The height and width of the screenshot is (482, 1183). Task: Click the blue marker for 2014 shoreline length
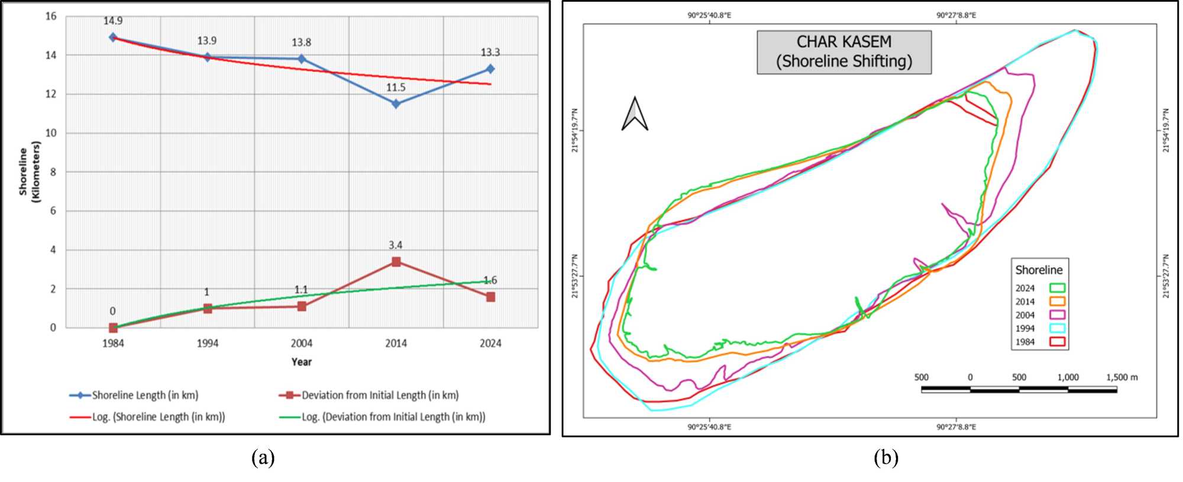396,103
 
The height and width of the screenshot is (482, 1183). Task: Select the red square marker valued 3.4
396,261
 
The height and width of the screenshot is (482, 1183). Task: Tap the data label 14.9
113,21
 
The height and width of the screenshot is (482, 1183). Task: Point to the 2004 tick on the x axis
302,343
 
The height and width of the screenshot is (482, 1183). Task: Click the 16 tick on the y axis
51,16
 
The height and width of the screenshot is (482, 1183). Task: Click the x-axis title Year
301,361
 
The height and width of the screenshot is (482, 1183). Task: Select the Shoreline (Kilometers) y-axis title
29,172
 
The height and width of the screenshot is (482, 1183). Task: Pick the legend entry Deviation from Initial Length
379,395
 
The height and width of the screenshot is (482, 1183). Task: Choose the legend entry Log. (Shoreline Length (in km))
158,416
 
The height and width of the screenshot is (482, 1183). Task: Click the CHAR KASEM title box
843,51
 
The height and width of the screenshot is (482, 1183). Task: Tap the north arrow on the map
635,114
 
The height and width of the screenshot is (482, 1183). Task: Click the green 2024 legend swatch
1057,288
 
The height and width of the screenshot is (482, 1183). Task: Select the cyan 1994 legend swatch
1057,328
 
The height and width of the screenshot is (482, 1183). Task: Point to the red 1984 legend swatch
1057,342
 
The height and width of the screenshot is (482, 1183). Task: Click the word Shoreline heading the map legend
1039,270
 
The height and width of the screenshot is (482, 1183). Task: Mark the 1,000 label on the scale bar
1068,377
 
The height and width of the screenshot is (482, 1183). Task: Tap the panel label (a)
263,457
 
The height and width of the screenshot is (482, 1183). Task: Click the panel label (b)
885,457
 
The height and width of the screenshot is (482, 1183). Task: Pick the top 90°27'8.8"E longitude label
956,15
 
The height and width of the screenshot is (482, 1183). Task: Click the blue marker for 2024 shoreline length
490,69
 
